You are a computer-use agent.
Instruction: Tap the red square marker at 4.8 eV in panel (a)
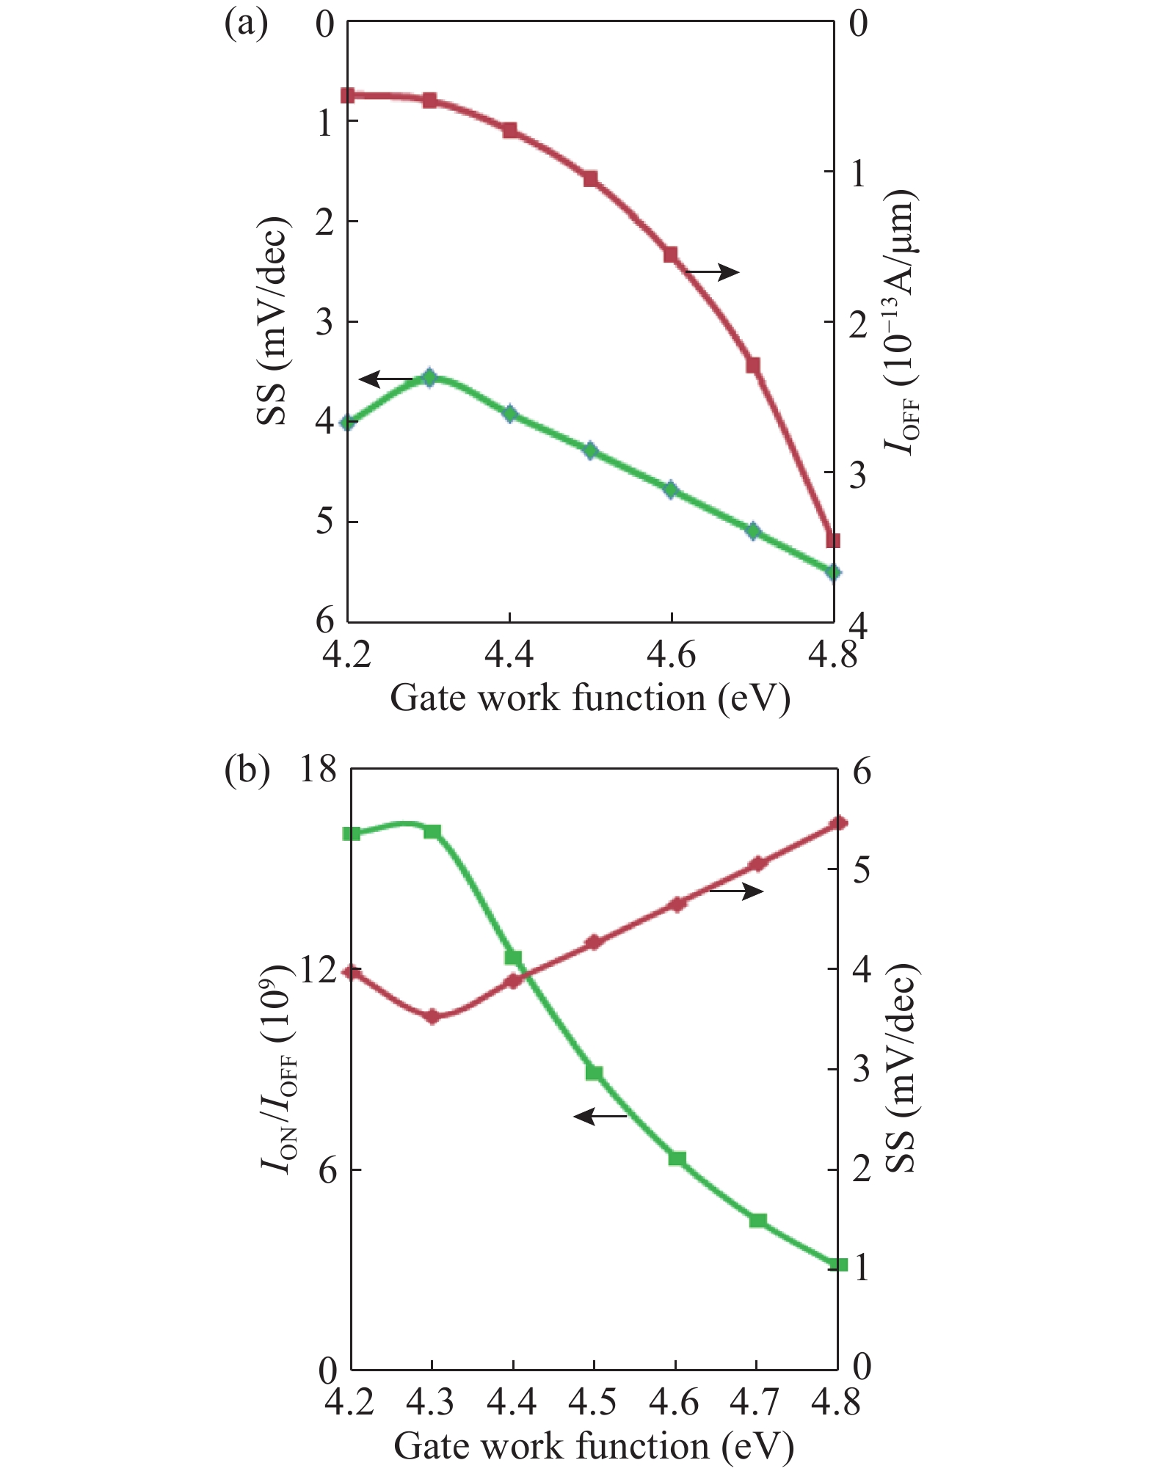point(832,541)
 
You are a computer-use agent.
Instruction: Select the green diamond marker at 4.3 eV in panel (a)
point(429,378)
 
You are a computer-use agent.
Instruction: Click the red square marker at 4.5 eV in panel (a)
point(590,178)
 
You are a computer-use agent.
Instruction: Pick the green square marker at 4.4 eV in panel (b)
point(513,957)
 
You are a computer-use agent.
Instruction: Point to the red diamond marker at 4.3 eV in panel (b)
point(432,1017)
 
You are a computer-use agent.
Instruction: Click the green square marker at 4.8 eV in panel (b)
point(840,1265)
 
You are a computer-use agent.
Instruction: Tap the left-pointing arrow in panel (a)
point(388,379)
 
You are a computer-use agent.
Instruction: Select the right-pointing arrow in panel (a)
point(712,271)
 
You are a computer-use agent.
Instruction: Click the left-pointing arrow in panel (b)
point(600,1117)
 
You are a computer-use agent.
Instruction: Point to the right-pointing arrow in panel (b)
point(736,891)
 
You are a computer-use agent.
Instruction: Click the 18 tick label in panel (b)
point(318,770)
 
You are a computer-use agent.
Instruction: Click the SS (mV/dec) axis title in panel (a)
point(272,321)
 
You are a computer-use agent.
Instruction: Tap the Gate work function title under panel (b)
point(594,1445)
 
